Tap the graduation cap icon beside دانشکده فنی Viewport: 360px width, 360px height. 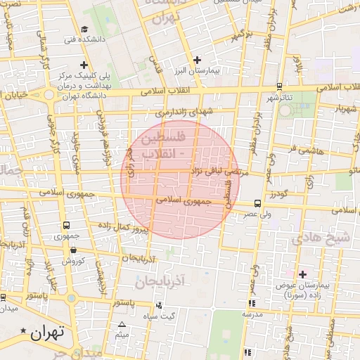[x=84, y=30]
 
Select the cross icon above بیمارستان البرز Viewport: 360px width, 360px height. [x=197, y=60]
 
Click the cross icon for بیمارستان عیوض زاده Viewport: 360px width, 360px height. [x=303, y=274]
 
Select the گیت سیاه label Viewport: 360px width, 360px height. [x=177, y=316]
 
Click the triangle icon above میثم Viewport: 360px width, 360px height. [x=122, y=325]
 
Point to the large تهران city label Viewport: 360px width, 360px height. [x=47, y=332]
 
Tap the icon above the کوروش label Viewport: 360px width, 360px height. [x=73, y=250]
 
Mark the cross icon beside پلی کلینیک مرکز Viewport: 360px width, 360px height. [x=84, y=65]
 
